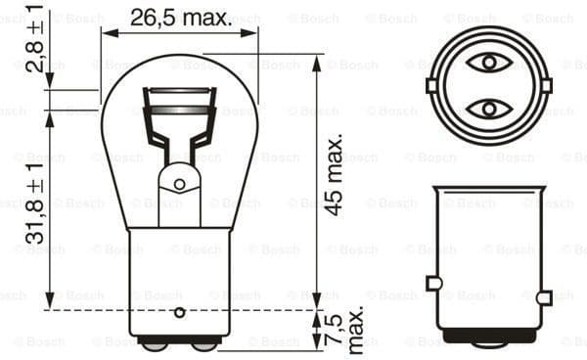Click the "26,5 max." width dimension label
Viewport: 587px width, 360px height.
pos(180,17)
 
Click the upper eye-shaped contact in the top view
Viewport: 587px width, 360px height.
pos(486,64)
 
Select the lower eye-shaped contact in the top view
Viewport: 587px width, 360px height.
pos(486,108)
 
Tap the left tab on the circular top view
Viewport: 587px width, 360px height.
pos(431,85)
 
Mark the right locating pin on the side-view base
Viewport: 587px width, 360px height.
pos(543,295)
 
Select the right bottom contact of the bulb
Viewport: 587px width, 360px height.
pos(203,343)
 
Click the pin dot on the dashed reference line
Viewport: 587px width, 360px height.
pos(179,312)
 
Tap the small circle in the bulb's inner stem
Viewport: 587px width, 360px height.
pos(180,183)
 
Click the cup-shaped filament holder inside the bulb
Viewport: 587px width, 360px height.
pos(180,110)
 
